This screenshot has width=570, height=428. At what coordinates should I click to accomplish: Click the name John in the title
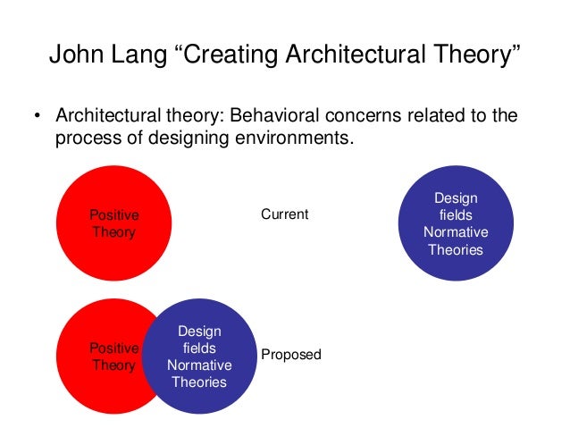coord(74,56)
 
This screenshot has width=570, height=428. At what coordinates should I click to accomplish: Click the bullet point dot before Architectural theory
coord(38,119)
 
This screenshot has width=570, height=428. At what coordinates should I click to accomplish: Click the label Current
coord(284,214)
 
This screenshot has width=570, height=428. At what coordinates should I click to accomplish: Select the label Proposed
coord(290,355)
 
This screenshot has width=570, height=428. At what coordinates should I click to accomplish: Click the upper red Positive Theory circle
coord(113,223)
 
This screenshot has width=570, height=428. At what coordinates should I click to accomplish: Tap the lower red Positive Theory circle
coord(103,357)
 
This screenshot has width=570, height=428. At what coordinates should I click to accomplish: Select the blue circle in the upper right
coord(455,224)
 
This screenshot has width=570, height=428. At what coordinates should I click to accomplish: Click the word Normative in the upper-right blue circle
coord(456,232)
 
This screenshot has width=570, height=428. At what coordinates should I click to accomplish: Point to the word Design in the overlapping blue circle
coord(199,331)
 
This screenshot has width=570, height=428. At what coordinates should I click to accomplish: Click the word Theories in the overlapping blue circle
coord(199,382)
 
